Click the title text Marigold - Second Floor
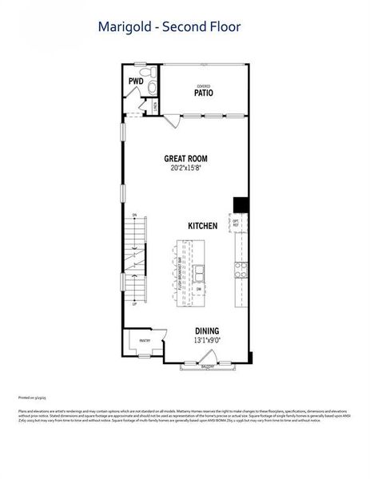coord(169,27)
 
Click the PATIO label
coord(203,93)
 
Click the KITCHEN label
coord(203,226)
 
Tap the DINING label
coord(207,331)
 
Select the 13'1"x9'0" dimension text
coord(207,340)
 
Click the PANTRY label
coord(145,339)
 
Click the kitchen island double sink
coord(197,273)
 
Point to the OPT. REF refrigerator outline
coord(237,224)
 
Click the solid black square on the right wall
coord(237,204)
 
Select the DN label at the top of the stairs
coord(134,216)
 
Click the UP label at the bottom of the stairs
coord(134,304)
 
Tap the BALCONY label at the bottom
coord(208,368)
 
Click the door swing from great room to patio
coord(172,121)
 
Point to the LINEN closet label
coord(155,105)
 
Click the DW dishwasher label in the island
coord(198,289)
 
